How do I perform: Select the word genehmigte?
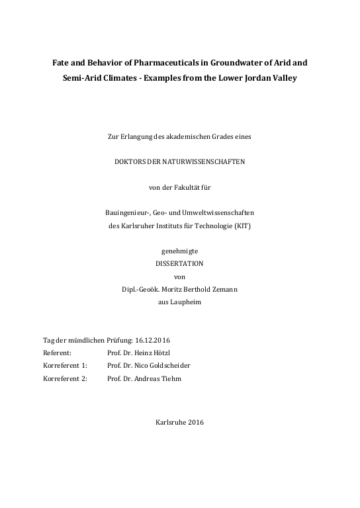click(179, 251)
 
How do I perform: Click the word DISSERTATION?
click(179, 263)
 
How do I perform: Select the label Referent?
click(57, 352)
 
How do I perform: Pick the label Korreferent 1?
click(65, 364)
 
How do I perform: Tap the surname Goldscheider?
click(171, 364)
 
